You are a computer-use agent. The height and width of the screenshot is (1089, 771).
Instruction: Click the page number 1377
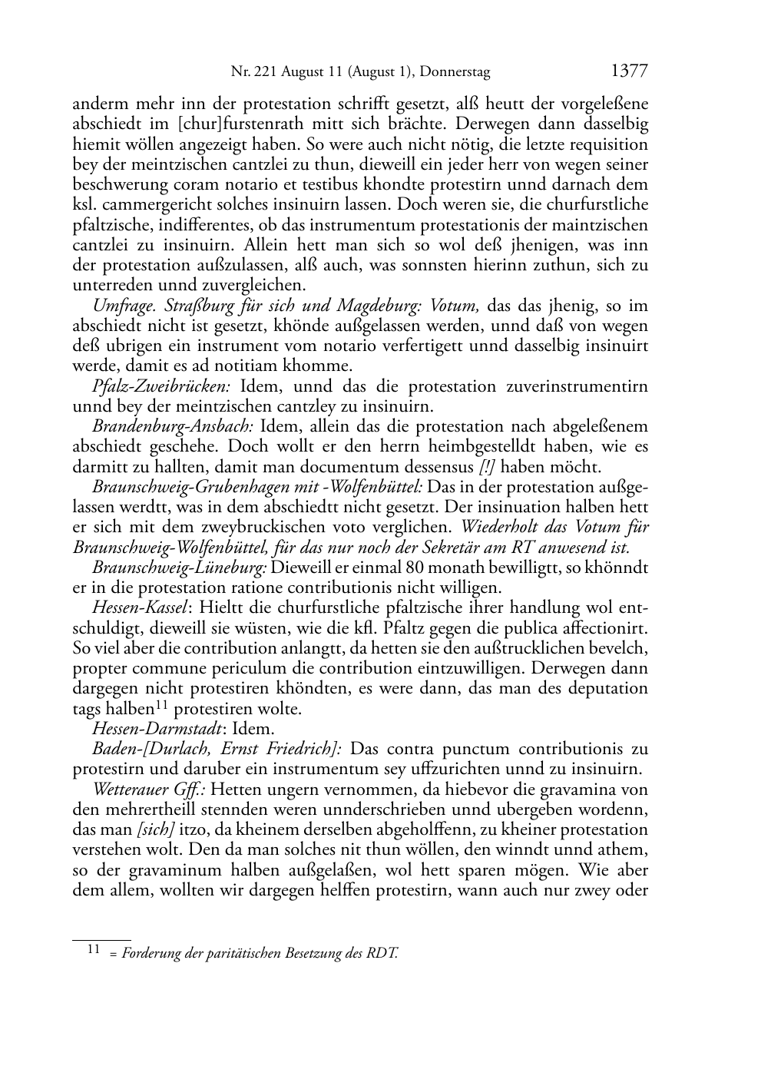point(629,71)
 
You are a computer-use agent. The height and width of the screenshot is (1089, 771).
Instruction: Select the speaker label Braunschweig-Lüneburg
point(180,568)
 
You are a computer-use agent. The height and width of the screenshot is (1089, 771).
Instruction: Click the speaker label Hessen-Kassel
point(140,608)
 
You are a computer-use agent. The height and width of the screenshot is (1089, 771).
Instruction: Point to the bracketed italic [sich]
point(154,829)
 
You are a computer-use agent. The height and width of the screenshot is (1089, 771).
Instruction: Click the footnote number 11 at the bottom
point(94,951)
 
